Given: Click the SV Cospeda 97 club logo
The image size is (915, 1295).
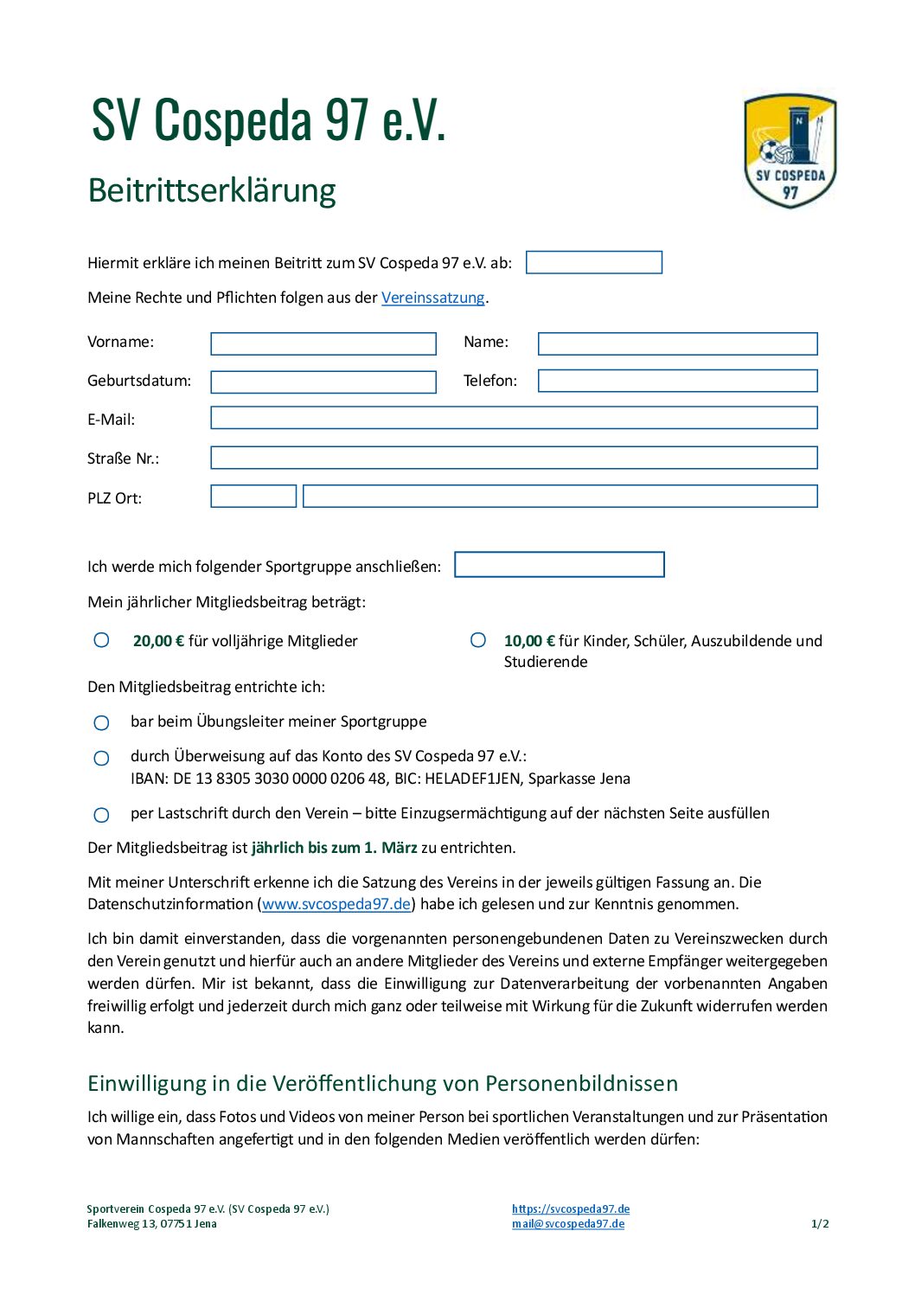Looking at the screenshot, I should click(x=790, y=151).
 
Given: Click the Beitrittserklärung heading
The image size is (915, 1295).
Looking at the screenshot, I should click(x=212, y=190).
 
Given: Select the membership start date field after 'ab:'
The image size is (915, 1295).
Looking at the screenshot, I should click(x=593, y=263).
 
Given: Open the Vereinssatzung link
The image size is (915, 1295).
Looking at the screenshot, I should click(x=432, y=298).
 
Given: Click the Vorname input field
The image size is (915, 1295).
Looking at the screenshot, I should click(x=323, y=344).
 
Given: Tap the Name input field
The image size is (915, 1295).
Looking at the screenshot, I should click(x=677, y=344).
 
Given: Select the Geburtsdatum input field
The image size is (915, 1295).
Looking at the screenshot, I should click(x=323, y=382).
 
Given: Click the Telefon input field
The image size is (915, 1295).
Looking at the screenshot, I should click(x=677, y=381).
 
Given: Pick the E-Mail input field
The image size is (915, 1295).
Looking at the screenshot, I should click(x=514, y=419).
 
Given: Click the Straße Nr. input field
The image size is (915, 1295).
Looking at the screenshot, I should click(x=514, y=458).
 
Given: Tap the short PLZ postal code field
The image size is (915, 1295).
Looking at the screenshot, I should click(x=253, y=497).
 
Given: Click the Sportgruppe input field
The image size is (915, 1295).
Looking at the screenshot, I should click(x=559, y=565).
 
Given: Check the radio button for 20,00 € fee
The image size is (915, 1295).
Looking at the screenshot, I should click(x=102, y=640).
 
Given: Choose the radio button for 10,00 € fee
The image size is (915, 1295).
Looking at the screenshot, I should click(x=478, y=640).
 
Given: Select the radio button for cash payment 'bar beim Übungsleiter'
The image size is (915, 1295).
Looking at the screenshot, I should click(x=102, y=722).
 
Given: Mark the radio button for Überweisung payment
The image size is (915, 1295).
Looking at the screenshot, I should click(x=102, y=758).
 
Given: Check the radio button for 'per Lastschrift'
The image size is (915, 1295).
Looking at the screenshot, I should click(x=102, y=815).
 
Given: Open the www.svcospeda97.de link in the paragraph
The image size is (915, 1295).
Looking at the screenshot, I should click(x=336, y=904).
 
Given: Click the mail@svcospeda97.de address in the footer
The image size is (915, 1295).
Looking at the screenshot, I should click(x=567, y=1224).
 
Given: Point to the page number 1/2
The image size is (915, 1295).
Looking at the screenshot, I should click(x=820, y=1224).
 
